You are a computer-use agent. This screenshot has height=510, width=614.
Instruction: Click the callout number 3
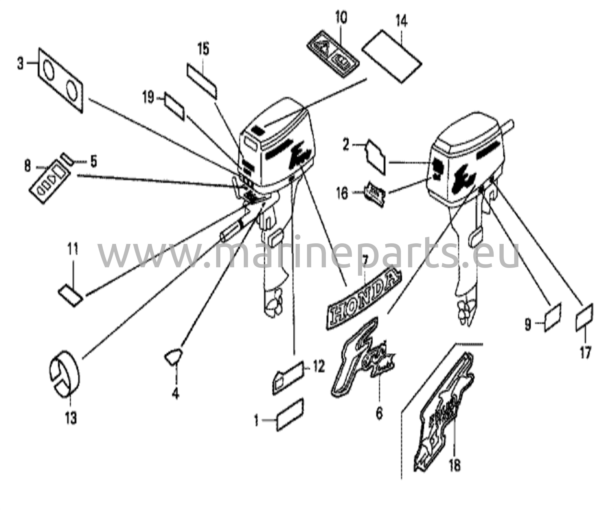(20, 64)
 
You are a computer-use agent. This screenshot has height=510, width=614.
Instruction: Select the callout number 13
(71, 417)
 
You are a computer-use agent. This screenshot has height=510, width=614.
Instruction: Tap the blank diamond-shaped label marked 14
(392, 56)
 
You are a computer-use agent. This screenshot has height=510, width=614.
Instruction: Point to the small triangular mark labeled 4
(173, 357)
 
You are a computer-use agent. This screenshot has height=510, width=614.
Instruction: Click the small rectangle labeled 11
(70, 296)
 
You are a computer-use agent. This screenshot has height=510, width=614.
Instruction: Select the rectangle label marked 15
(202, 80)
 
